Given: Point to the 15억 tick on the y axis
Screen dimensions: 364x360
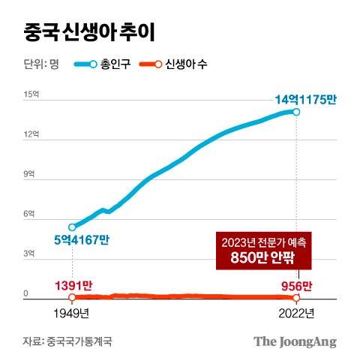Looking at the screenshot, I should click(30, 95).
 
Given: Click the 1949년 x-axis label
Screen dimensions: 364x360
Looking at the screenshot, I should click(72, 313).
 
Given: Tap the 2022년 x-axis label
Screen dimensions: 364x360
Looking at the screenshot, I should click(296, 313).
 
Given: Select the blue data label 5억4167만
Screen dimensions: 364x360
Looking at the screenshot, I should click(81, 240).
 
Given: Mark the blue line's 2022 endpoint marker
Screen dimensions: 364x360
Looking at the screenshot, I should click(297, 113).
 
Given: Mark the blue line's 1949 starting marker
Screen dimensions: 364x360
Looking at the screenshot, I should click(72, 227).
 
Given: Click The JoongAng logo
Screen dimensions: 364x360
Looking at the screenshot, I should click(294, 341).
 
